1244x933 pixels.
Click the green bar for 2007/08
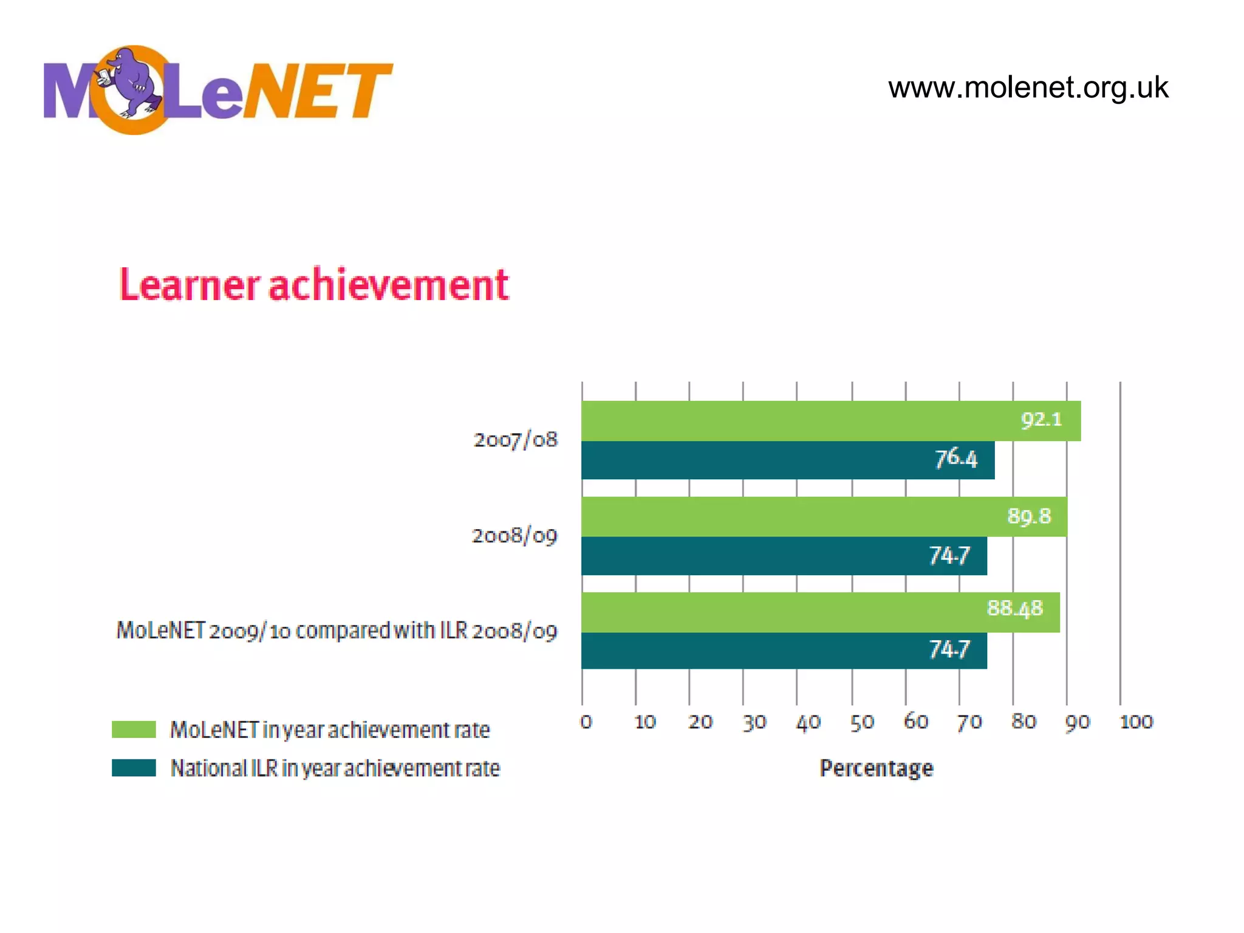tap(790, 420)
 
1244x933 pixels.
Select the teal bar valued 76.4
tap(759, 460)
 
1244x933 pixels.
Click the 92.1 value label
tap(1041, 420)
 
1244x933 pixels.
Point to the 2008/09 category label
tap(514, 536)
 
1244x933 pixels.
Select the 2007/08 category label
tap(515, 440)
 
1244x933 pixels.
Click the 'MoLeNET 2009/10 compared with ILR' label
tap(337, 631)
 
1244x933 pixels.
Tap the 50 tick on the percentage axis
tap(861, 722)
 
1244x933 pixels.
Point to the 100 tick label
tap(1136, 722)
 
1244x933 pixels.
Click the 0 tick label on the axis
tap(586, 722)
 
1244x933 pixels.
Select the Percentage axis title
tap(876, 768)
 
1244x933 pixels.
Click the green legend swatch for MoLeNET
tap(134, 730)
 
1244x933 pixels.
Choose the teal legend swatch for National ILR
tap(134, 768)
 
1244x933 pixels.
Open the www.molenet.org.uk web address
tap(1028, 87)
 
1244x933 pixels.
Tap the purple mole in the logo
tap(135, 81)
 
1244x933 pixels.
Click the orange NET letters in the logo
tap(319, 91)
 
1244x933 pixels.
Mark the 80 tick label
tap(1024, 722)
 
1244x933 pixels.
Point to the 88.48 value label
tap(1014, 608)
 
